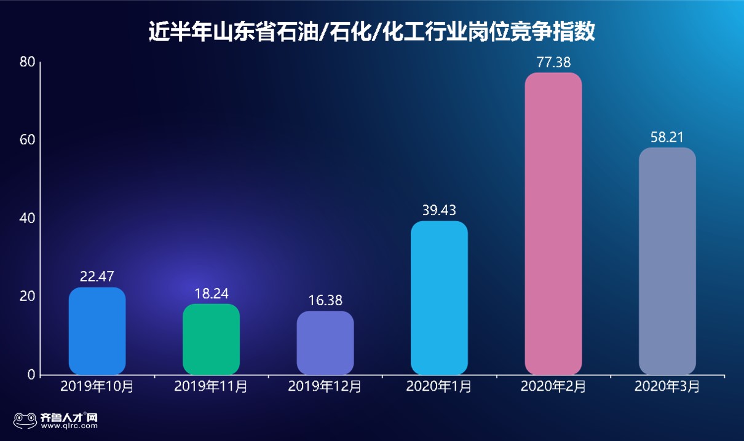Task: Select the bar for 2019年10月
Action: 97,331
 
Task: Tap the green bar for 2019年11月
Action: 211,339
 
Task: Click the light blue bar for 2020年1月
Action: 439,298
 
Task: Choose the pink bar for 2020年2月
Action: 553,224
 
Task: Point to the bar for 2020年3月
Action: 667,261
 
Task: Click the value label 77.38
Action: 553,62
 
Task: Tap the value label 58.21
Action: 667,137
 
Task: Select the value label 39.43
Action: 439,210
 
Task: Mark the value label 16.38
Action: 325,300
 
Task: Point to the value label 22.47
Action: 97,276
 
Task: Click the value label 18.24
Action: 211,293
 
